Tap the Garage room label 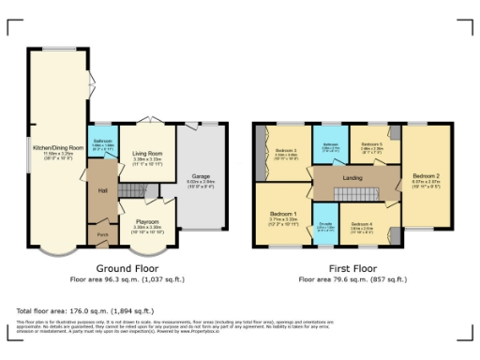[x=201, y=175]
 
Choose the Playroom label [x=146, y=222]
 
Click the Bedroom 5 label [x=373, y=144]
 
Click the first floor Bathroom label [x=331, y=145]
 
